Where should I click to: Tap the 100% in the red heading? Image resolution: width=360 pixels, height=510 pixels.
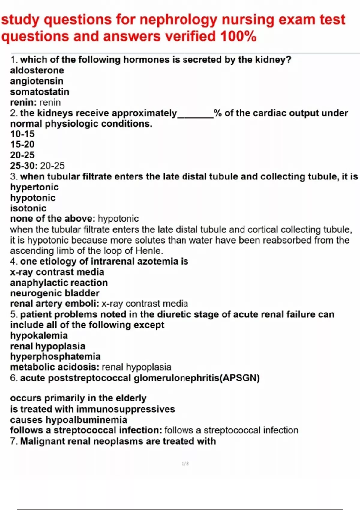[238, 37]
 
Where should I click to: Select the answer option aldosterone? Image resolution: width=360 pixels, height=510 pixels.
[37, 70]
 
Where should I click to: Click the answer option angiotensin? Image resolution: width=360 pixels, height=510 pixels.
[37, 81]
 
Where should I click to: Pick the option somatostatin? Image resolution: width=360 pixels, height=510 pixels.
[40, 92]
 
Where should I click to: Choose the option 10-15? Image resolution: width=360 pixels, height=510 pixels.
[22, 134]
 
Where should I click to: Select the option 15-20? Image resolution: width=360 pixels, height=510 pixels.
[22, 144]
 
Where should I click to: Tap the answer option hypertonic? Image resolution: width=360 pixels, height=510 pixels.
[34, 187]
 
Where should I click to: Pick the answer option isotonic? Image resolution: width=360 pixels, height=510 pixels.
[28, 208]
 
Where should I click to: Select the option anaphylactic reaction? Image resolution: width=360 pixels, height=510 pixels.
[59, 283]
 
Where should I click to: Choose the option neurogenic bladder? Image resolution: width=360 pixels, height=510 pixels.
[55, 293]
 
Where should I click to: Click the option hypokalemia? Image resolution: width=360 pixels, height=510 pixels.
[39, 335]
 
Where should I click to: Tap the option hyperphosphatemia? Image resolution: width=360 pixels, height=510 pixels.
[55, 356]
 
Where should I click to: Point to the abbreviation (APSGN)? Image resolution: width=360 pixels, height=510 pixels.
[240, 378]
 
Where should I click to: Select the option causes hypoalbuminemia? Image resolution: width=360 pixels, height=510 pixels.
[69, 420]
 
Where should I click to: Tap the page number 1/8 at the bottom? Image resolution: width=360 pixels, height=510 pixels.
[185, 464]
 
